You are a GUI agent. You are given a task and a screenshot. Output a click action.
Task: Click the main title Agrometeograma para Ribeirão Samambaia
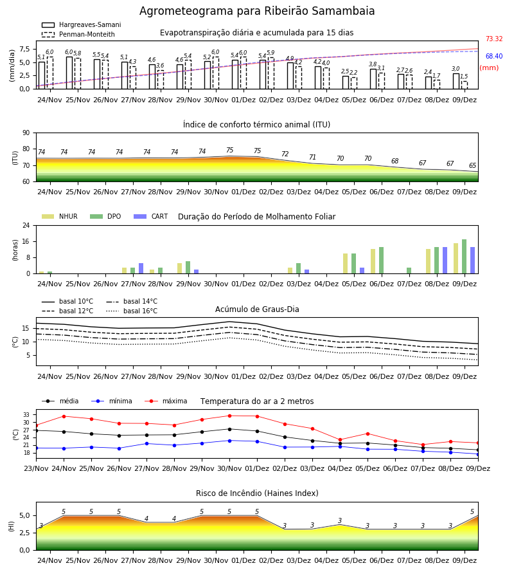click(x=257, y=11)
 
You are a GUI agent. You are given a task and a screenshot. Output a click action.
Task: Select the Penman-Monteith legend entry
click(x=78, y=34)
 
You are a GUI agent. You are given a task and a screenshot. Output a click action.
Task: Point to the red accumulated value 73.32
click(x=494, y=39)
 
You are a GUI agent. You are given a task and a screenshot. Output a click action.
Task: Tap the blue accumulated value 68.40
click(x=494, y=56)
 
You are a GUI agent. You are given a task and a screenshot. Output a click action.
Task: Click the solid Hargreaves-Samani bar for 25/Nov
click(x=69, y=73)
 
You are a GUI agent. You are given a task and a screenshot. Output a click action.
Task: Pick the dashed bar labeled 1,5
click(x=465, y=85)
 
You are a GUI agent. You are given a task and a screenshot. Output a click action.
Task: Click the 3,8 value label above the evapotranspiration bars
click(x=373, y=64)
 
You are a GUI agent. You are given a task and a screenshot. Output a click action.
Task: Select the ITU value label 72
click(x=285, y=154)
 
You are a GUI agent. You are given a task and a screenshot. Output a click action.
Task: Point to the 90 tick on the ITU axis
click(x=26, y=133)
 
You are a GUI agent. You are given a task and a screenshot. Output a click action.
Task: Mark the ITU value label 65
click(x=472, y=165)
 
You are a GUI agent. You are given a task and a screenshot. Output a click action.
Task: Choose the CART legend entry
click(x=151, y=216)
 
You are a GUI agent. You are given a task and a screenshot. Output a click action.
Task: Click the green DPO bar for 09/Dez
click(x=465, y=257)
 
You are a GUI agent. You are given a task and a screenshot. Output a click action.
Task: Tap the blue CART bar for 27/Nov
click(x=141, y=268)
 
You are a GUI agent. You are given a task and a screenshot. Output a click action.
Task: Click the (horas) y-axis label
click(x=15, y=250)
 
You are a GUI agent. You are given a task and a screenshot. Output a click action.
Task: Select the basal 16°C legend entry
click(x=132, y=311)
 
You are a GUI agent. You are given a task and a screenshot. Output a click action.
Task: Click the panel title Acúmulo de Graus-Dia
click(x=257, y=309)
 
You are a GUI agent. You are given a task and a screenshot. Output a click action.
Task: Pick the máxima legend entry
click(x=166, y=401)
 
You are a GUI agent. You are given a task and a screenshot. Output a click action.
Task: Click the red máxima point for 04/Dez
click(x=340, y=440)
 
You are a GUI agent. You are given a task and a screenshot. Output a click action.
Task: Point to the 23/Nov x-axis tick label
click(x=36, y=468)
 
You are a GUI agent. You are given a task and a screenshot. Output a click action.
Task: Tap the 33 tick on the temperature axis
click(x=26, y=415)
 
